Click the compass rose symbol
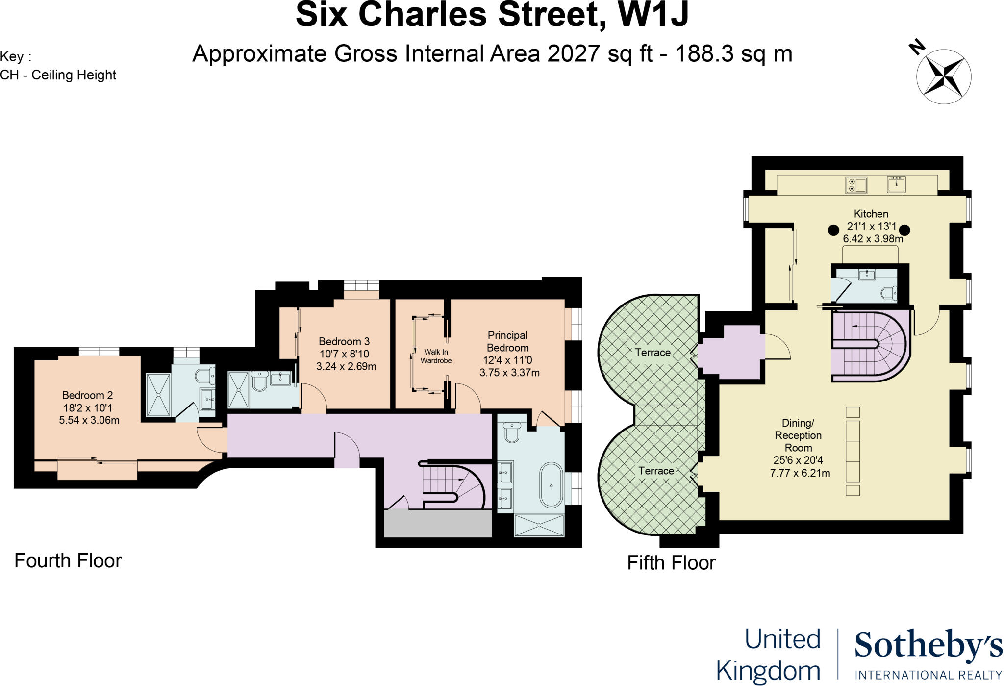[x=943, y=76]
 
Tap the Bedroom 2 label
[x=87, y=395]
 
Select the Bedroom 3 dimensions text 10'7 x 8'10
[x=344, y=354]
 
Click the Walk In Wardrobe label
[x=436, y=356]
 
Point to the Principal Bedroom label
[x=507, y=341]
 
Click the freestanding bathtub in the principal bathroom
[x=552, y=485]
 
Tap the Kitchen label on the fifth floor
[x=871, y=214]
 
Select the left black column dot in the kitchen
[x=833, y=230]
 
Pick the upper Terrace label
[x=653, y=352]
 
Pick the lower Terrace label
[x=656, y=471]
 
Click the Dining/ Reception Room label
[x=798, y=435]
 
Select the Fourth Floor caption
[x=68, y=560]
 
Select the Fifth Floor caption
[x=671, y=563]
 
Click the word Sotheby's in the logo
[x=928, y=646]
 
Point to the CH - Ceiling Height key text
[x=58, y=75]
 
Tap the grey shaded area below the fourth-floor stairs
[x=438, y=524]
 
